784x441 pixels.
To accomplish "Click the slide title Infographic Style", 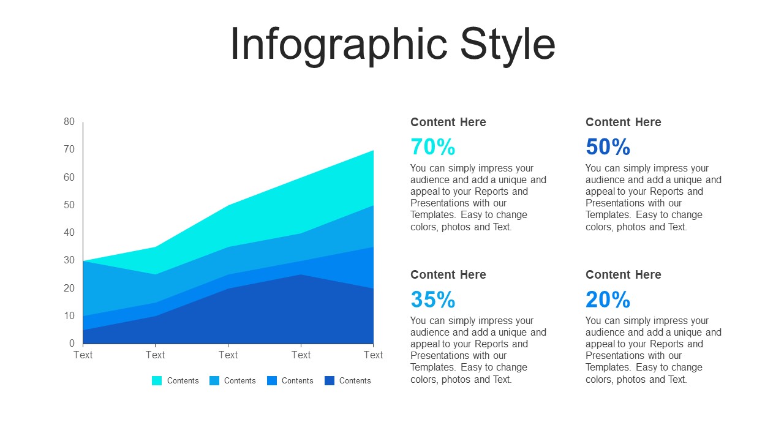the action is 393,45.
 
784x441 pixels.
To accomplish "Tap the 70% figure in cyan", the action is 432,146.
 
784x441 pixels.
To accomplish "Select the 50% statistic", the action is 608,146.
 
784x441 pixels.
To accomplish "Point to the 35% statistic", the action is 432,300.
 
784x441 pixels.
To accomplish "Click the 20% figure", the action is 608,300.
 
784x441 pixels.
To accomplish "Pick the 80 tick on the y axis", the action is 69,121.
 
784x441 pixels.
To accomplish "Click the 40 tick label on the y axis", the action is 69,232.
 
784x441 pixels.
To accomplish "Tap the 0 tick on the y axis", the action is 72,343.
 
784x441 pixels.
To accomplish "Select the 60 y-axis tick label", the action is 69,177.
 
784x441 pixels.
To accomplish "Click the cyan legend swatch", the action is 157,380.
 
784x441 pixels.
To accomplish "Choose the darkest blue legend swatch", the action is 330,380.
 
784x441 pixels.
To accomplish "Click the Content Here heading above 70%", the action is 448,122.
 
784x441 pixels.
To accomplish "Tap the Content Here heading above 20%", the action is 624,275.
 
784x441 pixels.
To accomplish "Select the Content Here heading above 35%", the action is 448,275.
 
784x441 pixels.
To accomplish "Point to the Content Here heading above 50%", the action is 624,122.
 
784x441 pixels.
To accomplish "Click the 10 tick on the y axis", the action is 69,315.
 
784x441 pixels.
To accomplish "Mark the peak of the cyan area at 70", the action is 373,151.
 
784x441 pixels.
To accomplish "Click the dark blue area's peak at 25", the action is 301,275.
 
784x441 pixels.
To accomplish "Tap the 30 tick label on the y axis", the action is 69,260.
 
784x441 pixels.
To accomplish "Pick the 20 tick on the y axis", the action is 69,288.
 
